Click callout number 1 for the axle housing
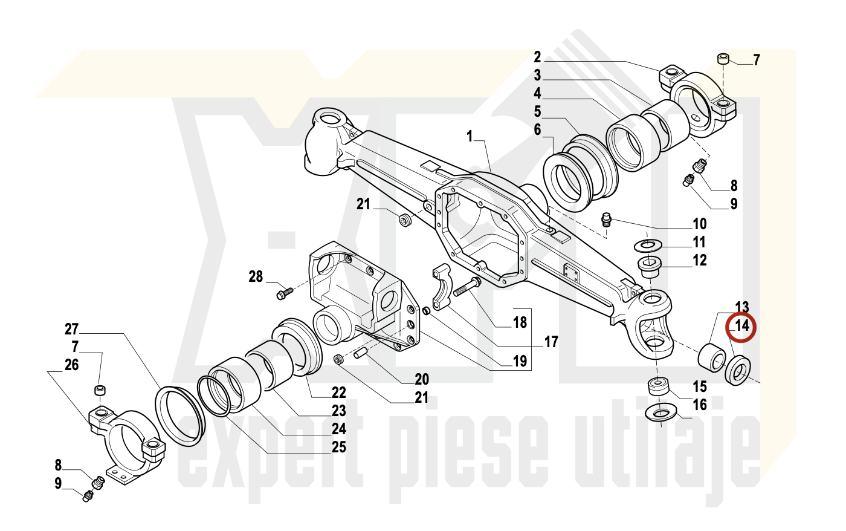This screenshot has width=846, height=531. (x=470, y=137)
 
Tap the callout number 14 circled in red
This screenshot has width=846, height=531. (x=741, y=326)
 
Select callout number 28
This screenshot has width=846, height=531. (x=256, y=277)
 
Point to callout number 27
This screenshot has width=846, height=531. (x=72, y=330)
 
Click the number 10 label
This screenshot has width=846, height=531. (x=699, y=224)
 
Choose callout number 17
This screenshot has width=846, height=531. (x=551, y=342)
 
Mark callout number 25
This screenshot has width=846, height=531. (x=338, y=448)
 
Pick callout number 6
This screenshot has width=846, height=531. (x=537, y=129)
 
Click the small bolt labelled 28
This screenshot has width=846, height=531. (x=283, y=294)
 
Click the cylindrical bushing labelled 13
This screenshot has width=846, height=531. (x=711, y=356)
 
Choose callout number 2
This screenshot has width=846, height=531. (x=537, y=58)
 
